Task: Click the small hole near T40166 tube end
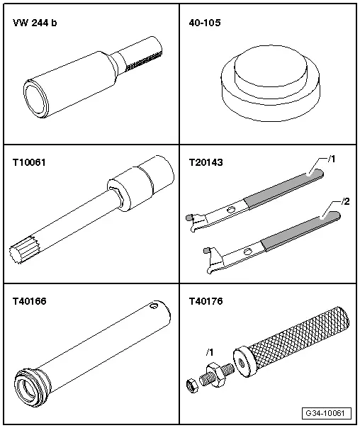[154, 308]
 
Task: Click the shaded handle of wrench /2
[292, 230]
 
